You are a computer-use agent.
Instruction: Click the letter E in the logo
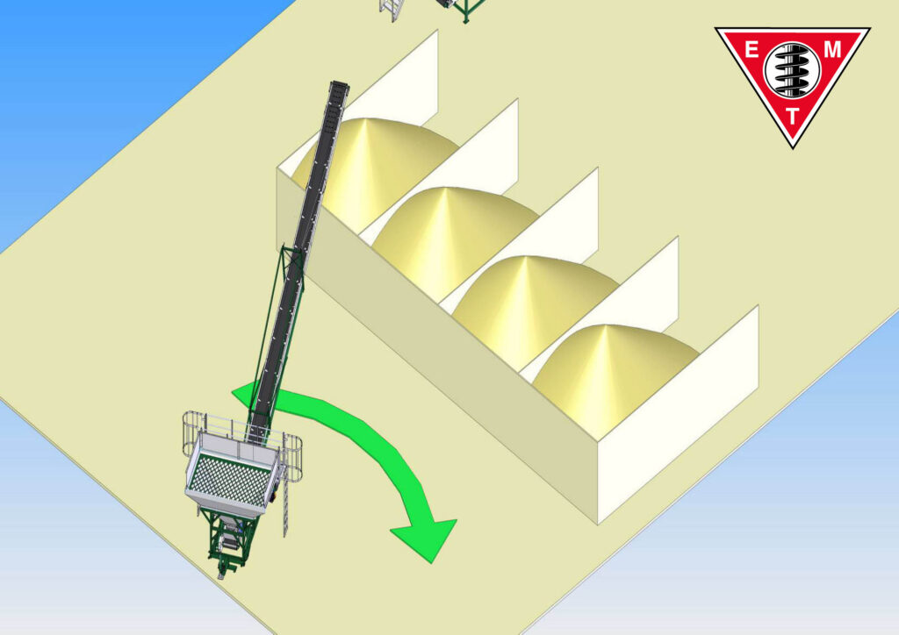(752, 50)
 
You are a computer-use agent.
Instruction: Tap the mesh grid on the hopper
(231, 484)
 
